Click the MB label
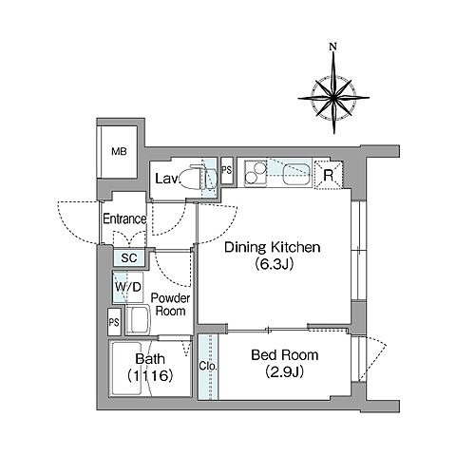click(x=119, y=151)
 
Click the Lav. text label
click(x=166, y=179)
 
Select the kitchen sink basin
click(x=296, y=175)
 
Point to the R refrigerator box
click(x=329, y=175)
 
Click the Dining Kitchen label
click(x=273, y=247)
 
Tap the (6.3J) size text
click(x=275, y=264)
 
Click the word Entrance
click(x=124, y=218)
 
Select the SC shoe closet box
click(x=129, y=258)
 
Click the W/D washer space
click(x=128, y=287)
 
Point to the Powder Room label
click(x=170, y=304)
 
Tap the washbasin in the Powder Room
click(x=139, y=319)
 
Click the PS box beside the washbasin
click(x=114, y=322)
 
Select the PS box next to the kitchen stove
click(x=227, y=170)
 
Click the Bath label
click(x=150, y=359)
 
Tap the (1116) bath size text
click(x=150, y=376)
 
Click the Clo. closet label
click(x=208, y=366)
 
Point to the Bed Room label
click(x=285, y=355)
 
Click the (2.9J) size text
click(x=285, y=372)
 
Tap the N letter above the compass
click(x=332, y=47)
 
